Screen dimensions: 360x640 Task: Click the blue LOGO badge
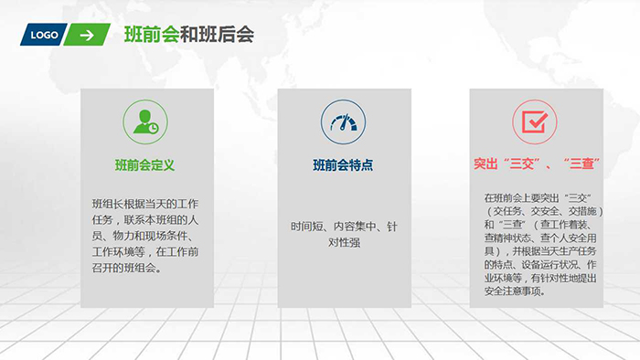(44, 35)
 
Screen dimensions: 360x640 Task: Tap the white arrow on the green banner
(87, 35)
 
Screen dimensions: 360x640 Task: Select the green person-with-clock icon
(145, 122)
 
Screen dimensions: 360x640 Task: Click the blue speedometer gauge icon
(343, 122)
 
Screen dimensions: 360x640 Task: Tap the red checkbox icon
(535, 122)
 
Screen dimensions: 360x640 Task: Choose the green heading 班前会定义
(145, 165)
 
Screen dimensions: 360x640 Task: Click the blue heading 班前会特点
(343, 165)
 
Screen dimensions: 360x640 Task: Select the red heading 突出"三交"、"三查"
(535, 165)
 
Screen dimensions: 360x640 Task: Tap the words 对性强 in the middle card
(341, 242)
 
